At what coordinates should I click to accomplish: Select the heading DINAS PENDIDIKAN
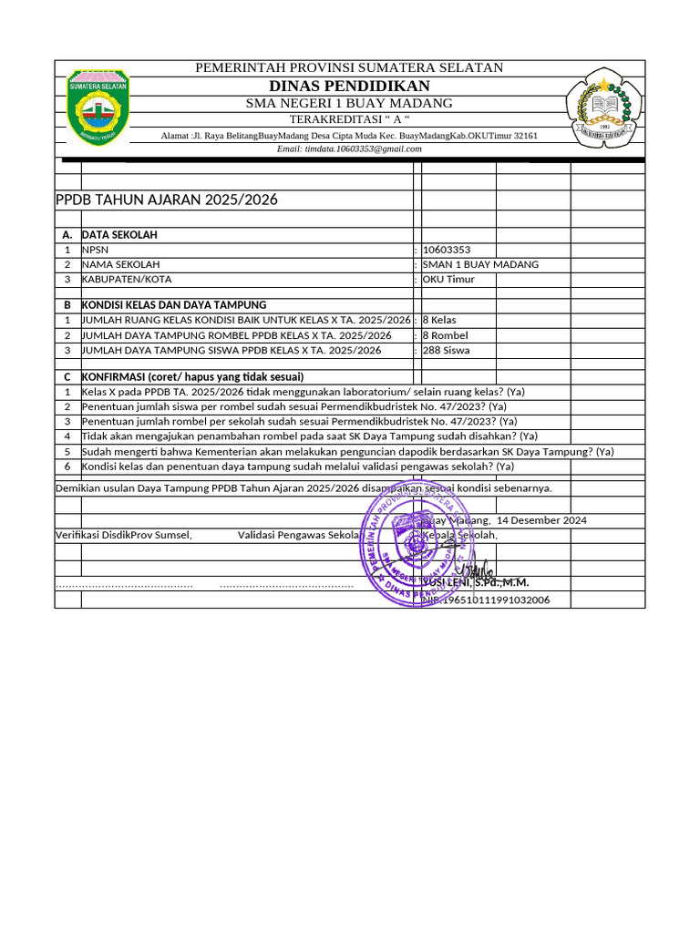[x=349, y=86]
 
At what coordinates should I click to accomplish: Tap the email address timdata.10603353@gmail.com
[x=349, y=149]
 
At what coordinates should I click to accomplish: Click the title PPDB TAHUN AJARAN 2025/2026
[x=167, y=200]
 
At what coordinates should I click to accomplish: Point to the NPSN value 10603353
[x=448, y=250]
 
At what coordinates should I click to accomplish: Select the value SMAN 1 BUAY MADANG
[x=480, y=264]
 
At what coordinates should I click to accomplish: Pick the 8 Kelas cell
[x=439, y=320]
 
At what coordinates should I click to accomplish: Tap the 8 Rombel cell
[x=445, y=335]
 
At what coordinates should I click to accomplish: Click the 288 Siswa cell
[x=446, y=350]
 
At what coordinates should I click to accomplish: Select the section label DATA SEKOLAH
[x=119, y=235]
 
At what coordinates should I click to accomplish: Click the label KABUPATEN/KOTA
[x=127, y=279]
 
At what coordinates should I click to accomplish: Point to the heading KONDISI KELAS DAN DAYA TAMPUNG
[x=174, y=304]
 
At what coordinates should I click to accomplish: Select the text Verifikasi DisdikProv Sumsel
[x=124, y=535]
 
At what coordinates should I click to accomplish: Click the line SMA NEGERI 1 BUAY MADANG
[x=349, y=103]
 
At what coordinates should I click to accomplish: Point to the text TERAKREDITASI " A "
[x=349, y=120]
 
